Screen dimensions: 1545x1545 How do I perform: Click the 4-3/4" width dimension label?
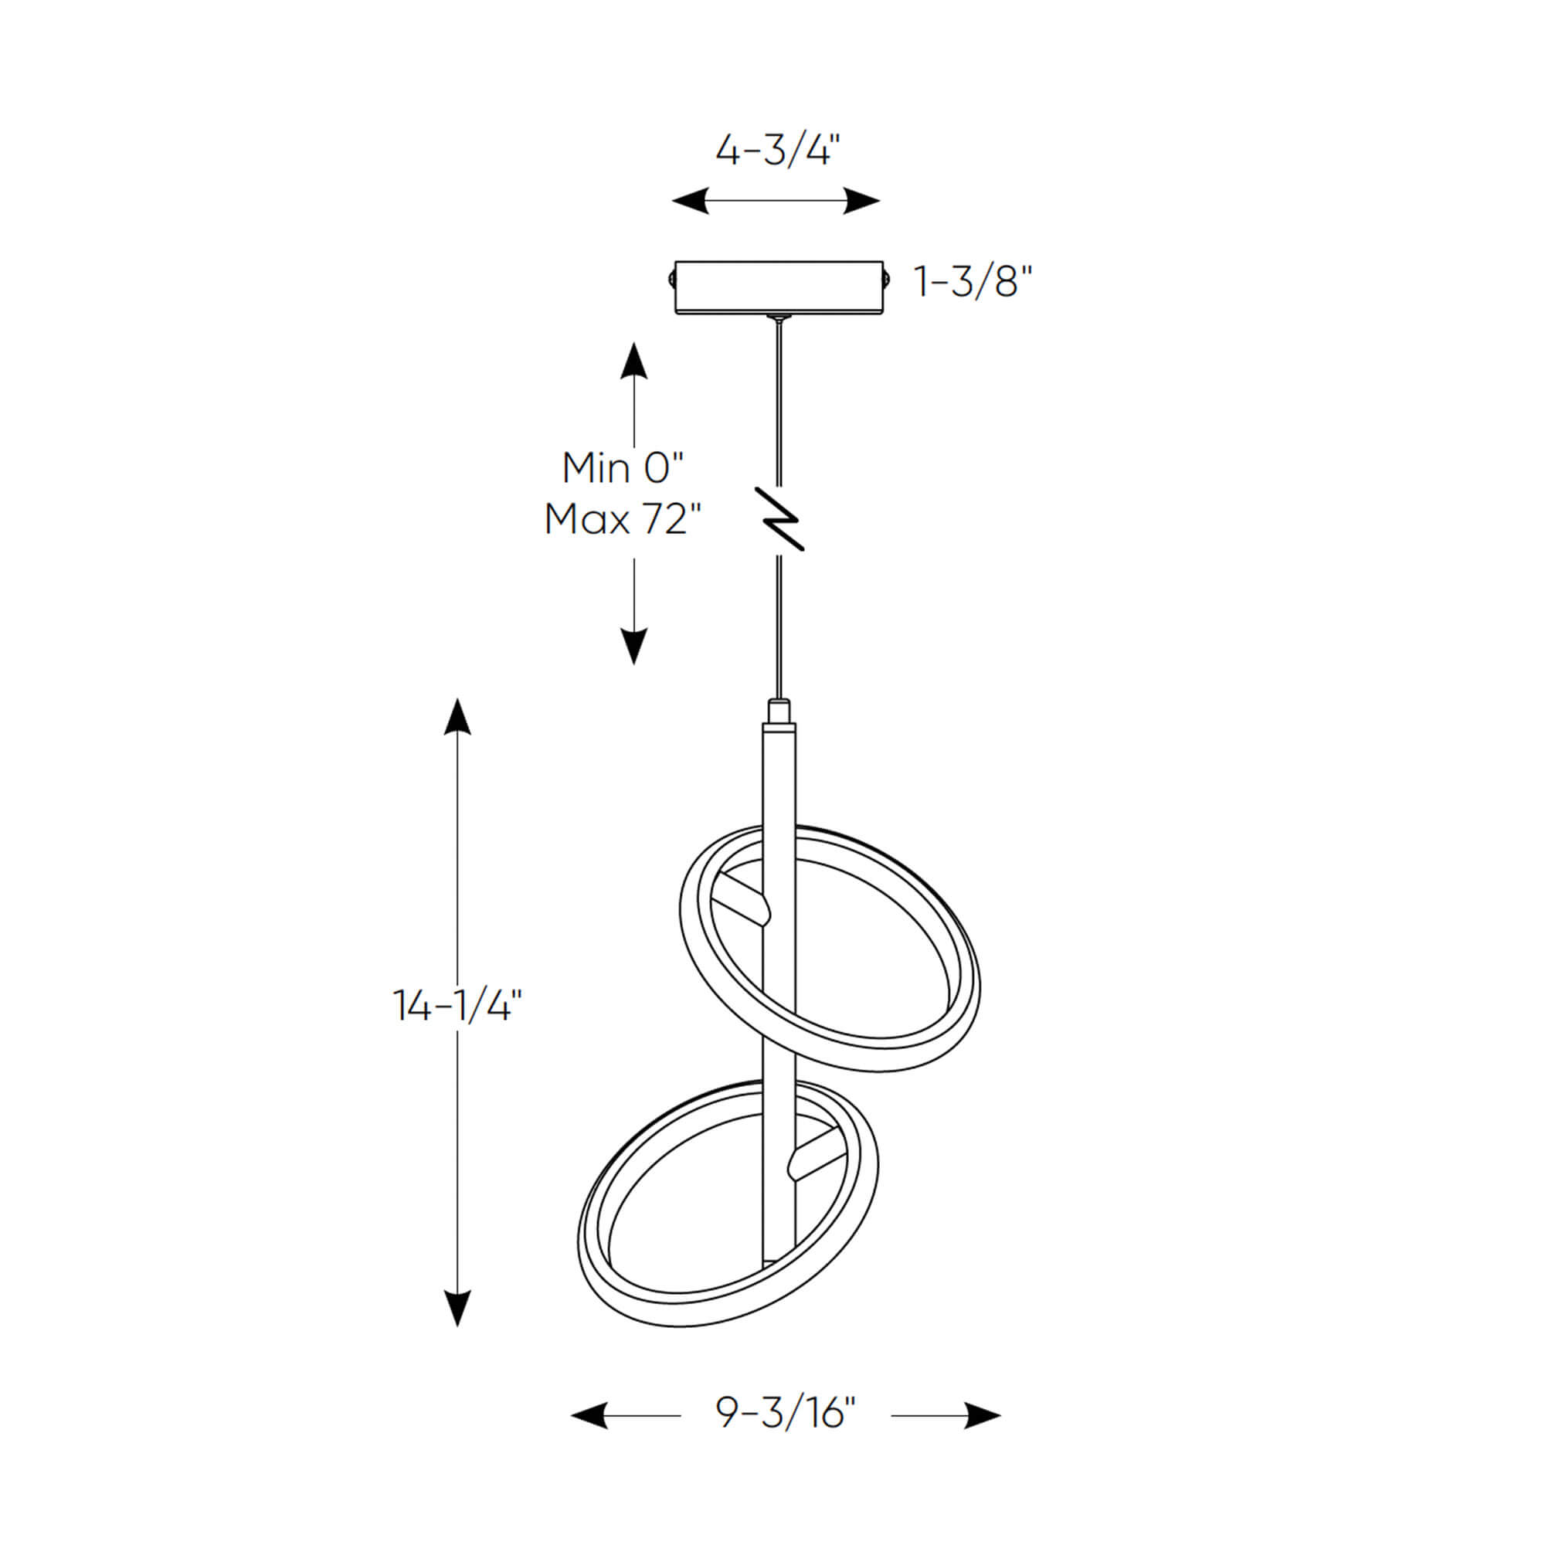777,150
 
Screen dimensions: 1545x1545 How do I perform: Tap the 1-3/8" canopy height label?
973,281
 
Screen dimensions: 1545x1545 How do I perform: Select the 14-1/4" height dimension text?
457,1005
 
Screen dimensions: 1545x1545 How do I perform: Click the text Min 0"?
623,468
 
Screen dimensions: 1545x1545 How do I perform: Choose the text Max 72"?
623,520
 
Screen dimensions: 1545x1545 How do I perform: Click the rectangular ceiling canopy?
778,287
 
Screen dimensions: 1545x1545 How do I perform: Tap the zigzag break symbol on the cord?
780,519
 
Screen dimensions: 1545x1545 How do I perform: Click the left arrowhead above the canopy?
690,201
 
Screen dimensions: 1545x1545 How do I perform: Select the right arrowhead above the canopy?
862,201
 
